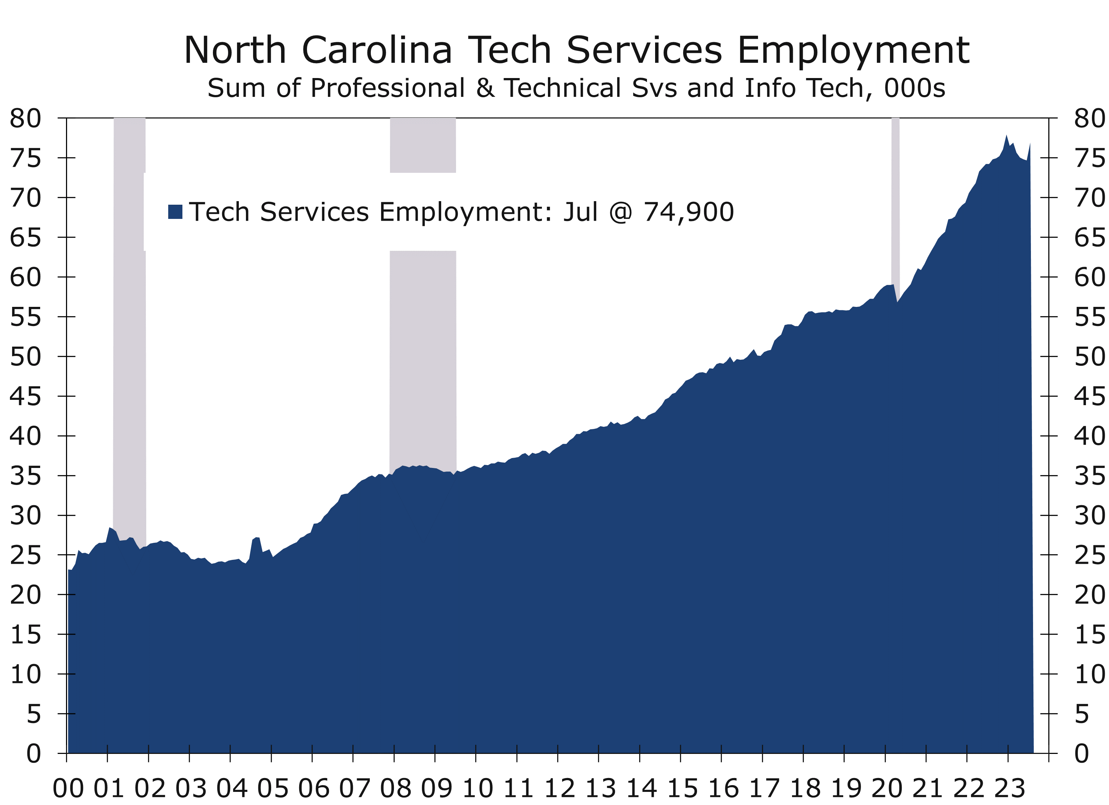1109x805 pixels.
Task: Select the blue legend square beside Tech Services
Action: (x=175, y=212)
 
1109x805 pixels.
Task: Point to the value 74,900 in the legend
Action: (x=688, y=212)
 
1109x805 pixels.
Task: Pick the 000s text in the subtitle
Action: (x=915, y=88)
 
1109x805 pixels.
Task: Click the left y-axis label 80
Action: (x=26, y=119)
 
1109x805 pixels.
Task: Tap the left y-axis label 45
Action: (x=26, y=396)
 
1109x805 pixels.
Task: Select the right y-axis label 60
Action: (x=1089, y=278)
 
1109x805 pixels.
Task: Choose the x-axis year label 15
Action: (x=683, y=788)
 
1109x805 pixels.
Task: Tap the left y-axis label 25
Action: (x=26, y=555)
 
